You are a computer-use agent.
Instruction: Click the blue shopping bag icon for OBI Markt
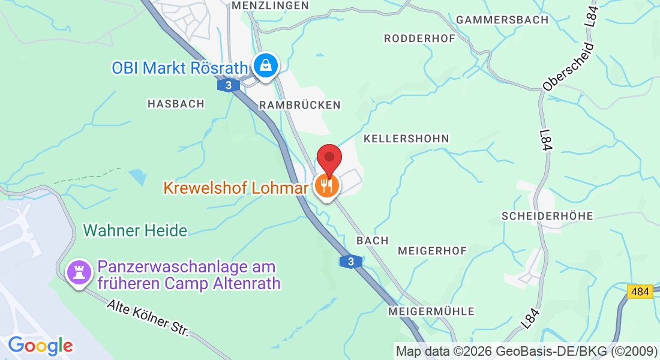(x=265, y=65)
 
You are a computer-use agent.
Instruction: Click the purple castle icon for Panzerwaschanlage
(x=78, y=273)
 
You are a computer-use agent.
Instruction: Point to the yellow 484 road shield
(x=640, y=292)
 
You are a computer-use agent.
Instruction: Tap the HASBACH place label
(x=176, y=104)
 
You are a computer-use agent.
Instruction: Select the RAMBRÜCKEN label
(x=300, y=105)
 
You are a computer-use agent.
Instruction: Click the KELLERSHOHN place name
(x=406, y=139)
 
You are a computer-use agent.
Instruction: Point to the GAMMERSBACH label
(x=502, y=20)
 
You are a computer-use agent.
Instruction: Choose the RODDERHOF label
(x=419, y=38)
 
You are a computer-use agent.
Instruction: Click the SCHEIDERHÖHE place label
(x=547, y=216)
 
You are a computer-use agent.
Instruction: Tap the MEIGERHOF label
(x=432, y=251)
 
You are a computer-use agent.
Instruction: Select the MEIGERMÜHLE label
(x=431, y=311)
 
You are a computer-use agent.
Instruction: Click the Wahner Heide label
(x=136, y=230)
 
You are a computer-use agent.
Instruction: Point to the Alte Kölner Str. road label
(x=148, y=317)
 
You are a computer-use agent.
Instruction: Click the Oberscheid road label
(x=568, y=67)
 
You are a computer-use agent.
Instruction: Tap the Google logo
(x=40, y=346)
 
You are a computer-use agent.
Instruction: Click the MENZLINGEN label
(x=270, y=5)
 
